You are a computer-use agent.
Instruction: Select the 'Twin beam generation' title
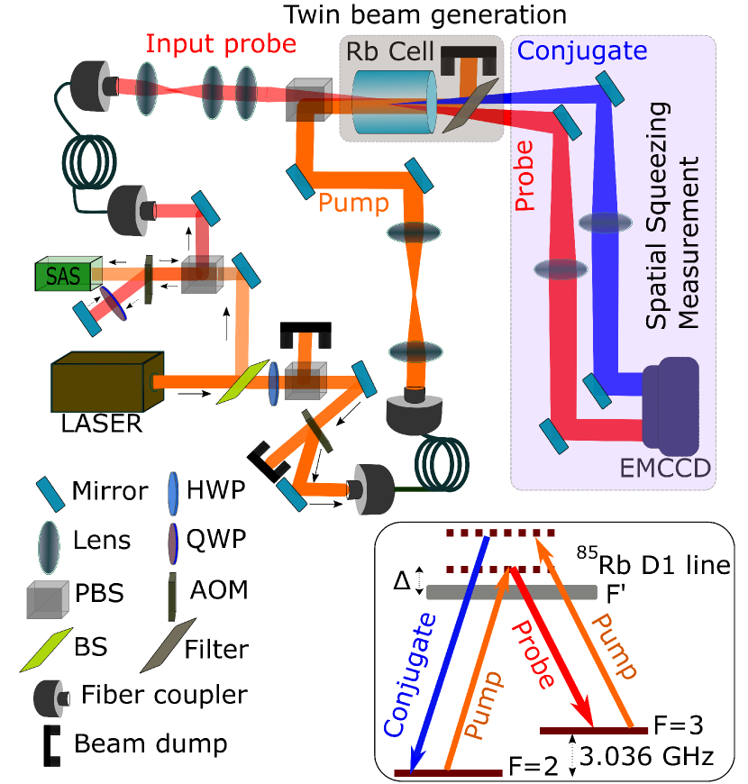[x=424, y=14]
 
